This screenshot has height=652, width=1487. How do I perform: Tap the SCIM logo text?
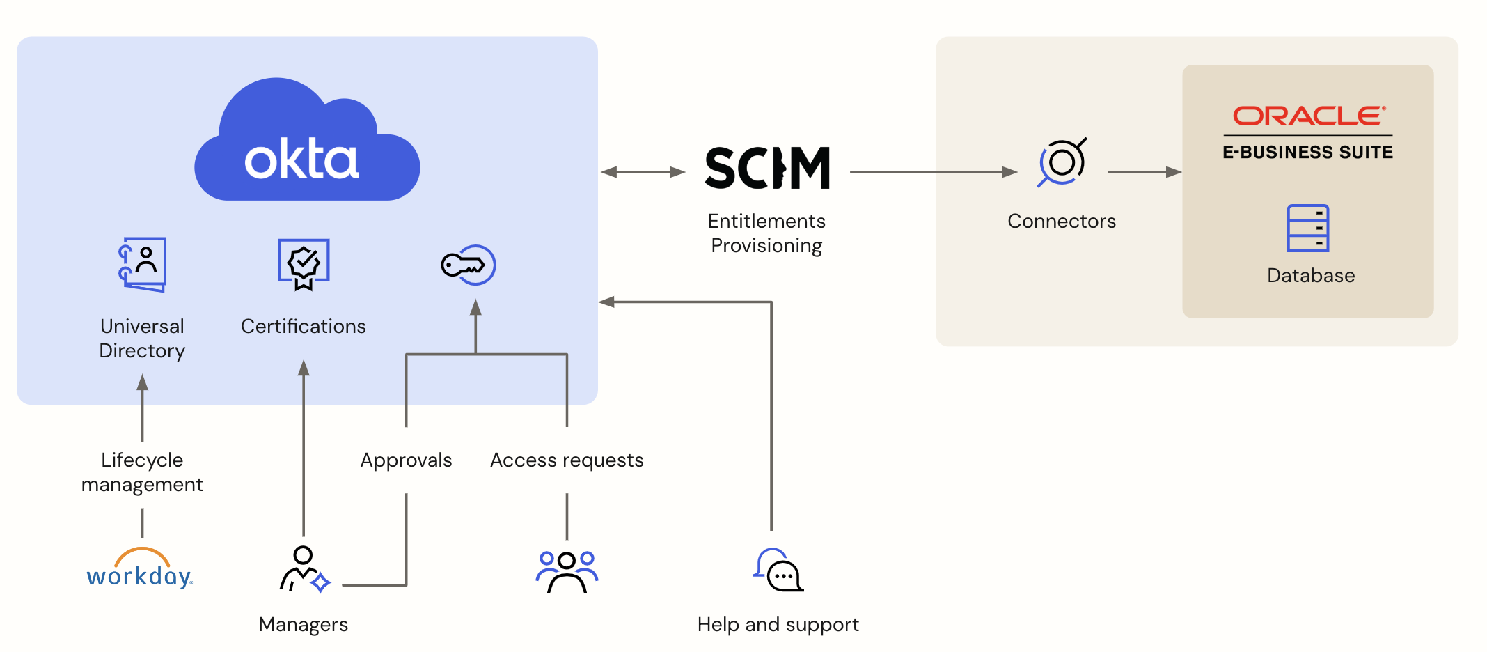[767, 168]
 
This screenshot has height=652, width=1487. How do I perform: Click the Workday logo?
[140, 569]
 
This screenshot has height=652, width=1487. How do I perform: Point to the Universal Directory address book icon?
[143, 264]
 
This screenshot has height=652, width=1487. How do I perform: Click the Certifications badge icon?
[304, 264]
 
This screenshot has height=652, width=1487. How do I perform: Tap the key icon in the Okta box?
[468, 265]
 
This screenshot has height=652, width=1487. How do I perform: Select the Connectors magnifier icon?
[1062, 162]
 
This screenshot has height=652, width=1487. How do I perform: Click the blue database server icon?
[1307, 228]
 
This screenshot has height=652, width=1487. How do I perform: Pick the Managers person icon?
[304, 569]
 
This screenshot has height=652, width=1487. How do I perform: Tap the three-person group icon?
[567, 571]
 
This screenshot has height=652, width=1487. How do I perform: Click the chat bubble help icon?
[778, 570]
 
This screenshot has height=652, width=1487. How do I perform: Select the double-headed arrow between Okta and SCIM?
[643, 172]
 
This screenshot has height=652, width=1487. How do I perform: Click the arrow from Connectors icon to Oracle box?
[1144, 172]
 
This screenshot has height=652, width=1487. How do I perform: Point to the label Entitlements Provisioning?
[766, 233]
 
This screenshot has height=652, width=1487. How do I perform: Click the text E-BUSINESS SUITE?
[1307, 153]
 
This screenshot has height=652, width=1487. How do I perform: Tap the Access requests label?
[567, 460]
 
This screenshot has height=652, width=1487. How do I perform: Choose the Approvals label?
[406, 460]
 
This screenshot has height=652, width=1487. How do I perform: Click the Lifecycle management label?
[142, 472]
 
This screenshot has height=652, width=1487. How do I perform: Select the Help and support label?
[778, 625]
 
